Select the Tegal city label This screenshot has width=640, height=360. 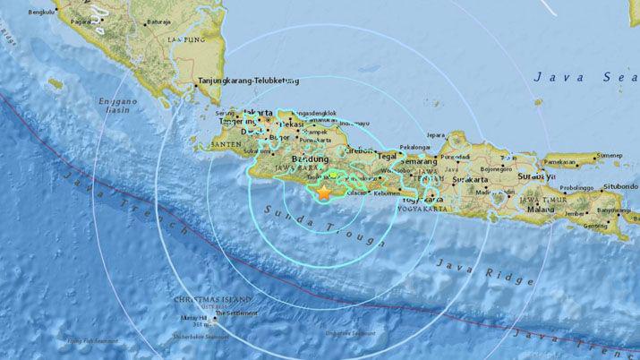pyautogui.click(x=387, y=155)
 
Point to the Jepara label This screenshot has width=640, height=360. pyautogui.click(x=435, y=135)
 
